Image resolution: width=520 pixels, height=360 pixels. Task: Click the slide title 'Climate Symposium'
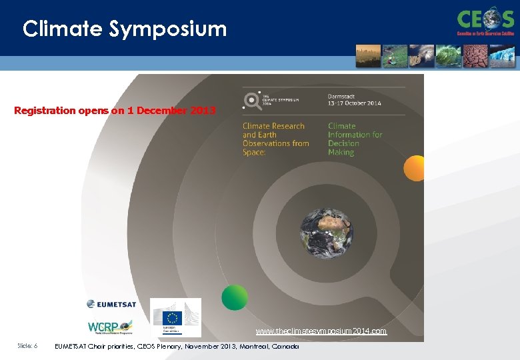[x=125, y=29]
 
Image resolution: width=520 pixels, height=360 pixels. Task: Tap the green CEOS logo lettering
[x=485, y=18]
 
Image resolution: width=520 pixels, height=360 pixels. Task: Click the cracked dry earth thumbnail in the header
[x=475, y=56]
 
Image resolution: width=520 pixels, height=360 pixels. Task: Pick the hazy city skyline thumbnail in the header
[x=368, y=56]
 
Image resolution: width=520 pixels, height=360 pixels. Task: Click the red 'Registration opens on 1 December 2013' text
[x=115, y=111]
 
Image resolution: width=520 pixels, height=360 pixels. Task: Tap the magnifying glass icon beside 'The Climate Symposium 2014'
[x=252, y=100]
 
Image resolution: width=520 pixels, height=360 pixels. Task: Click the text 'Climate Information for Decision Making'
[x=355, y=139]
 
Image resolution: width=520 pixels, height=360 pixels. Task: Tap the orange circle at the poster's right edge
[x=415, y=168]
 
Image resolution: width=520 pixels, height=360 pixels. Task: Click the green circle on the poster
[x=235, y=297]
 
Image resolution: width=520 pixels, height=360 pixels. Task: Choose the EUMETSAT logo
[x=111, y=304]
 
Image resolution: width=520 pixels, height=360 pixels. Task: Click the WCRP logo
[x=111, y=327]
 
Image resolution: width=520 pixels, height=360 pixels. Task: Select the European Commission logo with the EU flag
[x=175, y=317]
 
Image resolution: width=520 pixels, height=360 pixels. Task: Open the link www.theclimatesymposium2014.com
[x=321, y=331]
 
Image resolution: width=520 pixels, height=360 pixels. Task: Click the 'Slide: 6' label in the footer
[x=27, y=346]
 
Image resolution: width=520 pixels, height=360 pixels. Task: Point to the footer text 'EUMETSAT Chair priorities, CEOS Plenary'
[x=176, y=347]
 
